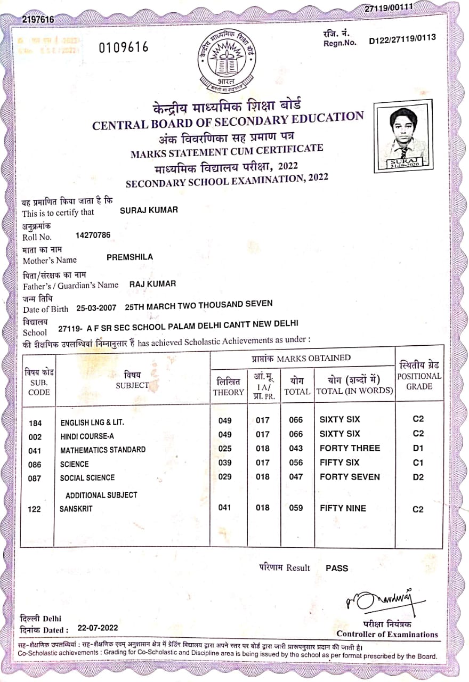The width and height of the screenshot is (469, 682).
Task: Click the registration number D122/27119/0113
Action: coord(402,38)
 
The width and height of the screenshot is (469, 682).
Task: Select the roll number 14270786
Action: coord(94,234)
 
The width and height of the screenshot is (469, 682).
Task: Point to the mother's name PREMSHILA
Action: coord(130,257)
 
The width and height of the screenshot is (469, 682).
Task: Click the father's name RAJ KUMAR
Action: coord(152,284)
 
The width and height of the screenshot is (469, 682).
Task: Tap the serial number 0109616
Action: coord(124,47)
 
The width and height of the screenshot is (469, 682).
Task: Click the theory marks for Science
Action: coord(225,462)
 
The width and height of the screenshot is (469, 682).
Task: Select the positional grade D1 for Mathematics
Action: coord(418,448)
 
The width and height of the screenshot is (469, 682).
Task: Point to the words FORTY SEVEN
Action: coord(350,477)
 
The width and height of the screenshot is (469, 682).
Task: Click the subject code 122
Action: coord(34,509)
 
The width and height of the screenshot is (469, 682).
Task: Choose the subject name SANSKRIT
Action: coord(76,509)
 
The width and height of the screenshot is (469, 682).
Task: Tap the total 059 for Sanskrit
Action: coord(296,508)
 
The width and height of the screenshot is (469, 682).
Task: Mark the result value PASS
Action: coord(337,568)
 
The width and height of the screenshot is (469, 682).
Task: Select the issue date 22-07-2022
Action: coord(98,628)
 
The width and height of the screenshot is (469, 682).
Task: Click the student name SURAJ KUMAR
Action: coord(149,210)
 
